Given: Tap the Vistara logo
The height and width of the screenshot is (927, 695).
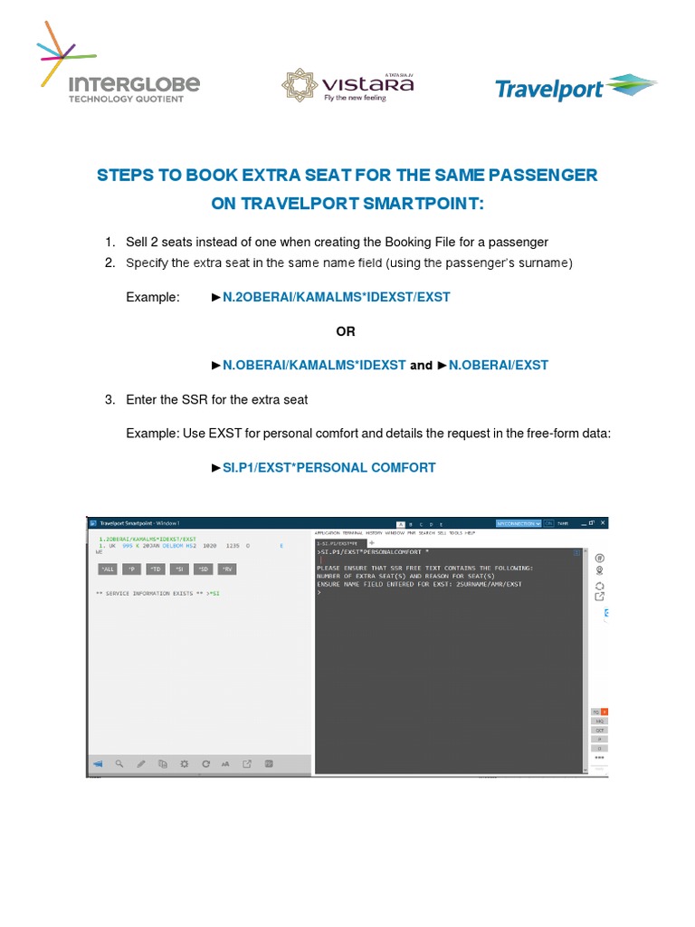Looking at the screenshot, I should (347, 83).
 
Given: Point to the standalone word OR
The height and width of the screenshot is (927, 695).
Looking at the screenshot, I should (346, 331).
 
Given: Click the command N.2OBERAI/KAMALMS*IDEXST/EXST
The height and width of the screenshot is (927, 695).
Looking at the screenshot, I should (336, 297).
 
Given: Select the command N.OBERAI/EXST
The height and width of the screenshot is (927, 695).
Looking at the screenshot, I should (499, 366).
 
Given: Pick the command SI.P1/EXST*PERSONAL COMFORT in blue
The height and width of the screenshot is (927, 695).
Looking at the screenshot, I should (328, 468).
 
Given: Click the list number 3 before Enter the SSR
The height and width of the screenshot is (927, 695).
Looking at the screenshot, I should (109, 399).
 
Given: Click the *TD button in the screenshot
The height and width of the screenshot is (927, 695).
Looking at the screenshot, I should (156, 569).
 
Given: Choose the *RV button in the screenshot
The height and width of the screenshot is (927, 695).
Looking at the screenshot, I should (228, 569).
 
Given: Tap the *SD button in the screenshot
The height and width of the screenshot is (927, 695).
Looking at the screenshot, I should (204, 569).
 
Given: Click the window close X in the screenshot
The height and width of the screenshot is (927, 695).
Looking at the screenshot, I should (604, 523).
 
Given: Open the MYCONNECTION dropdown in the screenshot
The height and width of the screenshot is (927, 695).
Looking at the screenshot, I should (518, 523).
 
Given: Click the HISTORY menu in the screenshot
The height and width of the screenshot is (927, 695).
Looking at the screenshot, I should (374, 534).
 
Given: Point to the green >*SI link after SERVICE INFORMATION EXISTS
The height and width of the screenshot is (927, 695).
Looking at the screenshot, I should (212, 594).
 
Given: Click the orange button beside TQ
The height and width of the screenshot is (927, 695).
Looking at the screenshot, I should (605, 712).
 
